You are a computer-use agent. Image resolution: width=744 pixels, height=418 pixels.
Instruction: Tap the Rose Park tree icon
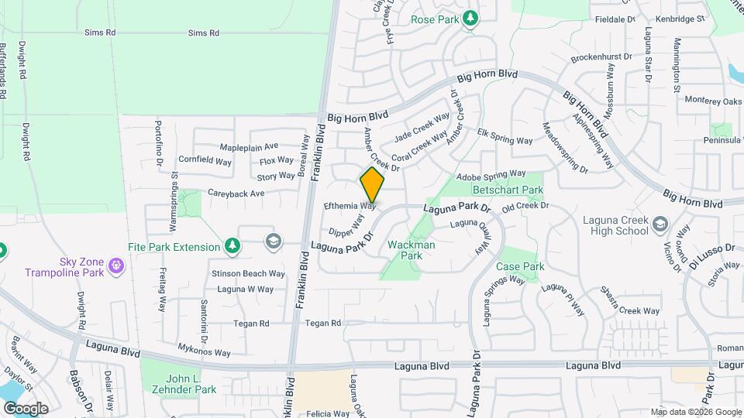click(x=470, y=19)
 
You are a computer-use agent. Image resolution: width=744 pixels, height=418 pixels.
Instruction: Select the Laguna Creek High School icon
click(x=660, y=224)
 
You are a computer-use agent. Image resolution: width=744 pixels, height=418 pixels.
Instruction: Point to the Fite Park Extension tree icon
click(x=231, y=247)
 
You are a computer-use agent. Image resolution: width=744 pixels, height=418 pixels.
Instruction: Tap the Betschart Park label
click(x=507, y=189)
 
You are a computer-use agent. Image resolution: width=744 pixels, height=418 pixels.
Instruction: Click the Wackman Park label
click(x=410, y=250)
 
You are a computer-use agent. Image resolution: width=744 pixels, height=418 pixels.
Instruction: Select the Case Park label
click(x=520, y=266)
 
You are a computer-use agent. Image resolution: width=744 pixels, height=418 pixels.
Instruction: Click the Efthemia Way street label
click(x=350, y=206)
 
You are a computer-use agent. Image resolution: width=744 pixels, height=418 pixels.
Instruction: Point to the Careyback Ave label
click(x=236, y=193)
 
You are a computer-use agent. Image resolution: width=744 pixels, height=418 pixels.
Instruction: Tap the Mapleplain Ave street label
click(x=249, y=146)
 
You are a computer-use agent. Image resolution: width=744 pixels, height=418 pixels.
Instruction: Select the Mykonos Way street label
click(x=205, y=352)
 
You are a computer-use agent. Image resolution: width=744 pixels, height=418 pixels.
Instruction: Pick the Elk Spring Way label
click(x=505, y=141)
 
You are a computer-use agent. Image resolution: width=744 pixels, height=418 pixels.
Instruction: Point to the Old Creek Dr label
click(x=525, y=206)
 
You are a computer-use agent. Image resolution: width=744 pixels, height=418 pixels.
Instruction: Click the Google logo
click(x=26, y=408)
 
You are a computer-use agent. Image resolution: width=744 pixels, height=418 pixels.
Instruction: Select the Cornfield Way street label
click(x=205, y=162)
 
